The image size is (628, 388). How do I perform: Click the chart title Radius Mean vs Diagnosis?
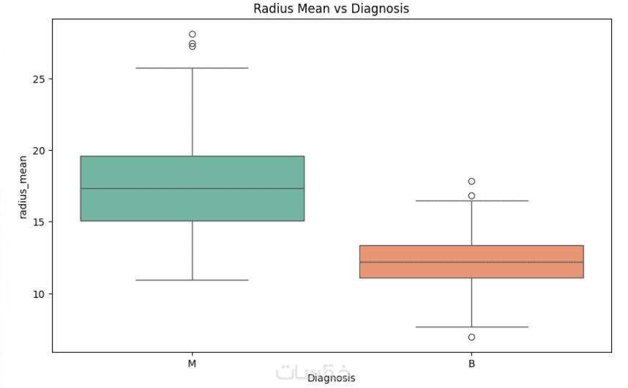point(332,9)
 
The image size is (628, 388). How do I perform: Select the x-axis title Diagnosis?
point(332,378)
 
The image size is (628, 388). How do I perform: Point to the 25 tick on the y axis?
point(37,79)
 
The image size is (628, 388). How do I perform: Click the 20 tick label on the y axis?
point(37,151)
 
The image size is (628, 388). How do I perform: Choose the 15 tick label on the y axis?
point(37,222)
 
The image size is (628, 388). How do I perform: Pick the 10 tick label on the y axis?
point(37,294)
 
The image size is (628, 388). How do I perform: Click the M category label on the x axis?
point(192,363)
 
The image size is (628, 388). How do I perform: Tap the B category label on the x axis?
point(471,363)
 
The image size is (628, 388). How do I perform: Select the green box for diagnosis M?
point(192,172)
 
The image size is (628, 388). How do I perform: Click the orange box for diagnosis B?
point(471,269)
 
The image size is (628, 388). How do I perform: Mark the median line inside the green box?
point(192,189)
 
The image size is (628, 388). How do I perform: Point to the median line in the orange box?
point(471,262)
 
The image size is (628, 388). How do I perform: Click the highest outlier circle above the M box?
point(192,34)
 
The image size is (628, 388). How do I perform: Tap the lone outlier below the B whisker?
point(471,337)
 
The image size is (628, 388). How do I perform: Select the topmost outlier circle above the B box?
point(471,182)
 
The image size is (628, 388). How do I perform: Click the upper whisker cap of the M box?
point(192,68)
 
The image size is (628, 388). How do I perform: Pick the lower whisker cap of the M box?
point(192,280)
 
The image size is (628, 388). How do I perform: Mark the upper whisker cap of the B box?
point(471,201)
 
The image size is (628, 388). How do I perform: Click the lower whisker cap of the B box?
point(471,327)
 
